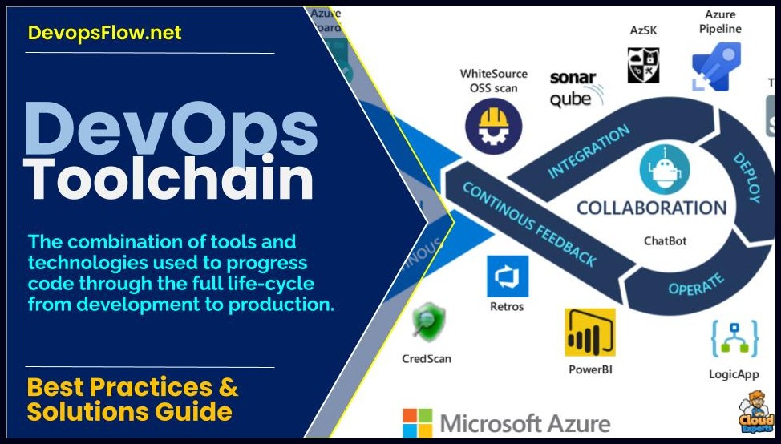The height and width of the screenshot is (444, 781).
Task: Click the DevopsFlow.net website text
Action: coord(104,33)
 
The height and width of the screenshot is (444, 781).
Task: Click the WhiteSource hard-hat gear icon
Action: coord(493,126)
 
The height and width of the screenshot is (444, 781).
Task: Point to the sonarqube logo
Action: coord(572,88)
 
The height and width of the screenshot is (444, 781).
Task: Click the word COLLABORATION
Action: coord(651,208)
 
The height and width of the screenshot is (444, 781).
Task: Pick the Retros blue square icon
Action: coord(507,276)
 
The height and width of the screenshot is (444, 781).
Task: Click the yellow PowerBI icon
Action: coord(589,332)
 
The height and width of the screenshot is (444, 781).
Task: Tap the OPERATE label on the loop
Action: coord(695,283)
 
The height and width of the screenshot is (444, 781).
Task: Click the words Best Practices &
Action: coord(132,387)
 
